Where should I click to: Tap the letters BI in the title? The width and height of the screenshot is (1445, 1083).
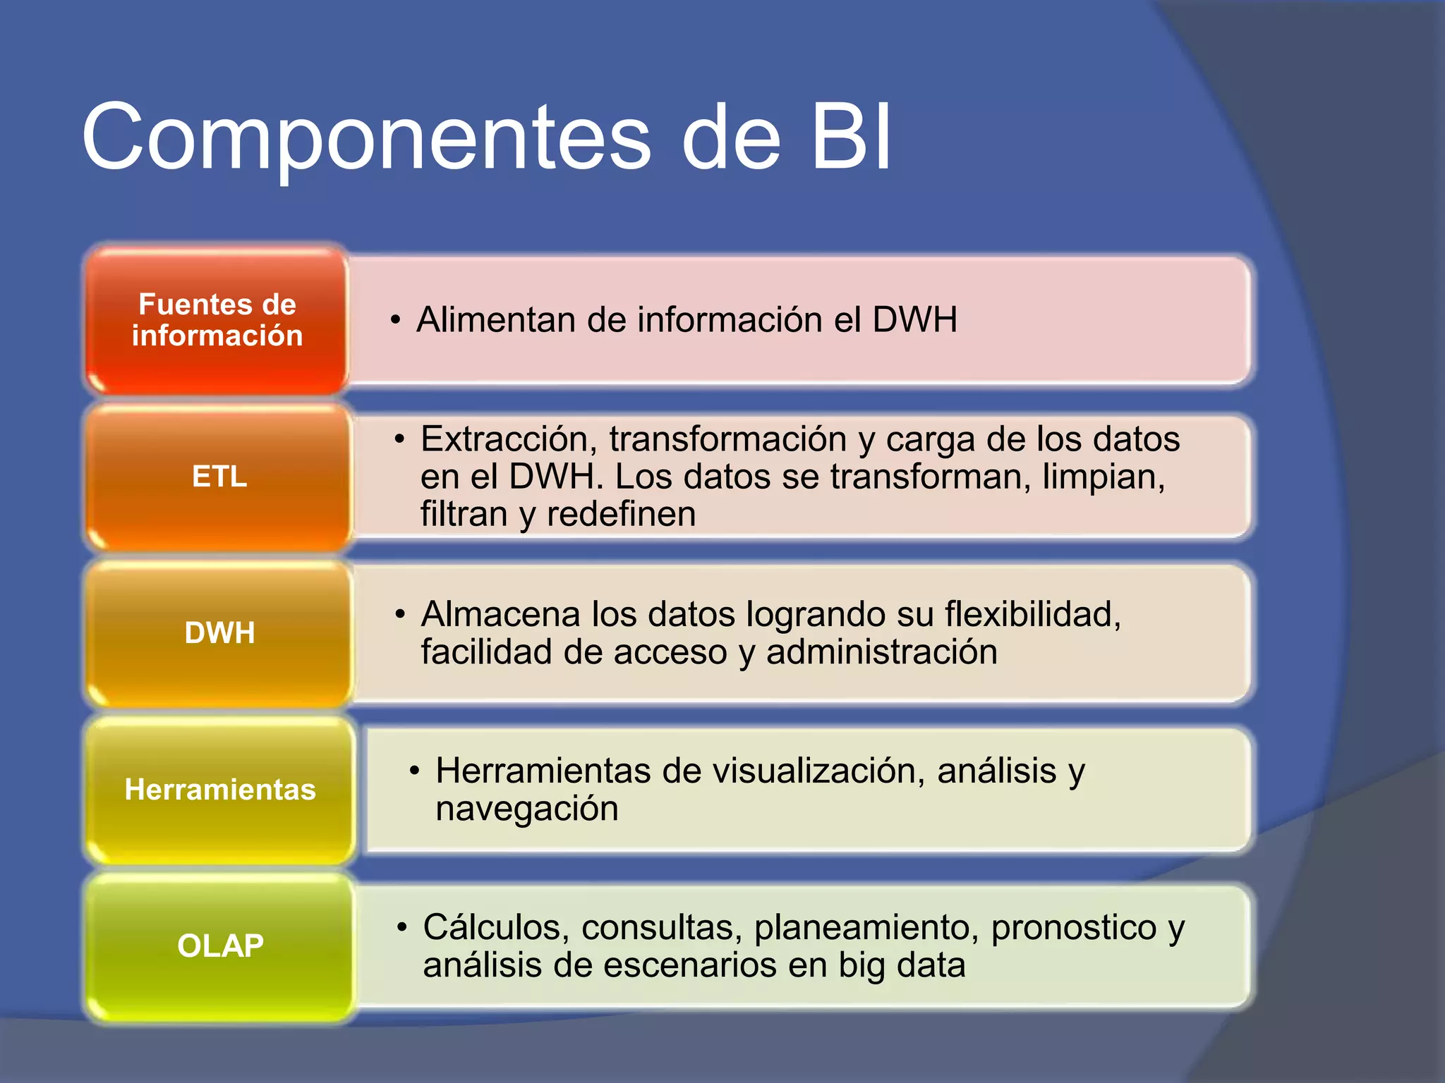click(x=851, y=137)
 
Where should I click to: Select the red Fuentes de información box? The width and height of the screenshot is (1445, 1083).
click(x=217, y=320)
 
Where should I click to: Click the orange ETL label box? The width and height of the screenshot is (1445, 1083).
click(x=219, y=477)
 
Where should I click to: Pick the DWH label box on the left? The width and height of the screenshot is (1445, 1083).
click(x=219, y=633)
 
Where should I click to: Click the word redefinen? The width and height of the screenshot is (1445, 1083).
click(x=621, y=514)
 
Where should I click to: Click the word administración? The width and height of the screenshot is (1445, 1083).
click(x=882, y=652)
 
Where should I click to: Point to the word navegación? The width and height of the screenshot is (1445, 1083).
click(x=527, y=809)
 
